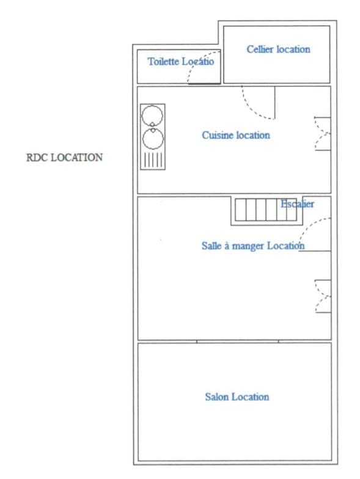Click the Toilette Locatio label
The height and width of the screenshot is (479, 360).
point(180,62)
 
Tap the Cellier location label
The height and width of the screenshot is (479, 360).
point(278,49)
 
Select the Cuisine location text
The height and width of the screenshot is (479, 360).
point(236,135)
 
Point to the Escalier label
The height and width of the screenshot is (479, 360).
point(297,204)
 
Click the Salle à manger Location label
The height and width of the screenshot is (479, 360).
point(253,246)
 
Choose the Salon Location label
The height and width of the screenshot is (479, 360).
point(237,397)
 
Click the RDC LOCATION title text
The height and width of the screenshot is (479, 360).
point(64,158)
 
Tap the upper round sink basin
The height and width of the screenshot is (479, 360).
point(153,114)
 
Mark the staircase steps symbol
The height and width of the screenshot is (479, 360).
point(260,210)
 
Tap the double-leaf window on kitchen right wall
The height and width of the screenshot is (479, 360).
point(321,133)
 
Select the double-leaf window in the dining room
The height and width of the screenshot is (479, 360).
point(321,296)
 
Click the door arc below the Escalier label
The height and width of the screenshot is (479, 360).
point(313,232)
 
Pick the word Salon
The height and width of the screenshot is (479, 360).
point(217,397)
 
